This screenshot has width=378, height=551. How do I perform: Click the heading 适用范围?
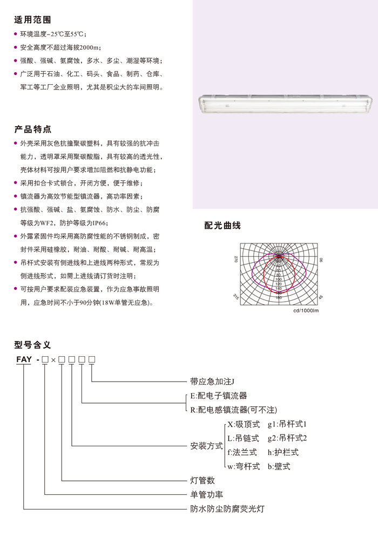coord(33,20)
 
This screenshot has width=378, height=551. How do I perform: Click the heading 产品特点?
coord(33,130)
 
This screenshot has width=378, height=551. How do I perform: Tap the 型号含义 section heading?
coord(33,345)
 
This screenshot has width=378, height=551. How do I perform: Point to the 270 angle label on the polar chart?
coord(236,260)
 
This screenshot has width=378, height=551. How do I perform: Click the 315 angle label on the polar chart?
coord(236,296)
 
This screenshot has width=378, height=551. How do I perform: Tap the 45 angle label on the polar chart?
coord(321,297)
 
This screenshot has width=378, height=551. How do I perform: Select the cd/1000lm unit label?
coord(306,311)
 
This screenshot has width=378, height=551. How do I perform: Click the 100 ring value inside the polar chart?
coord(279,280)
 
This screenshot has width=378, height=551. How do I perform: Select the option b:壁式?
coord(279,466)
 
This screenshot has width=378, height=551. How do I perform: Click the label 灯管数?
coord(202,480)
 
